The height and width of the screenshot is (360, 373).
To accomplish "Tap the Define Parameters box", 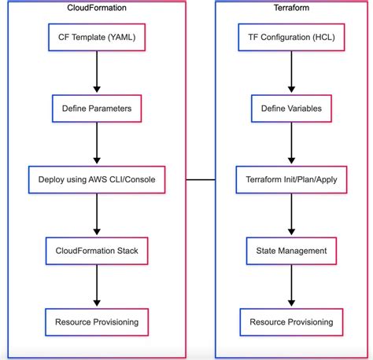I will [97, 107].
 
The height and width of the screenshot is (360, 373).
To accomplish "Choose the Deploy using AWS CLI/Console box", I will [97, 179].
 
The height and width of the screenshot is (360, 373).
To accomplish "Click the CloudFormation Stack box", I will [97, 251].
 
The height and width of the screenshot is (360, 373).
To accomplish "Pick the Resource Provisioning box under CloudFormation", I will [97, 322].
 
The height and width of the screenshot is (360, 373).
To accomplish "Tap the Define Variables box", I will [292, 107].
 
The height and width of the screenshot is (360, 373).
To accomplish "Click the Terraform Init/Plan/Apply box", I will [292, 179].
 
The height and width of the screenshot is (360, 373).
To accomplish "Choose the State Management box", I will [292, 251].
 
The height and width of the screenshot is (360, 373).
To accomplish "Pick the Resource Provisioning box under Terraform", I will [292, 322].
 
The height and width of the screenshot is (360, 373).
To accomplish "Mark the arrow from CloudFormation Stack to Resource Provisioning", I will [97, 286].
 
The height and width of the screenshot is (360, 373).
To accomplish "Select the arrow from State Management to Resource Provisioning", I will [292, 286].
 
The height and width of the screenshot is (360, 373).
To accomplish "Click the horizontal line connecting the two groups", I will [201, 179].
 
